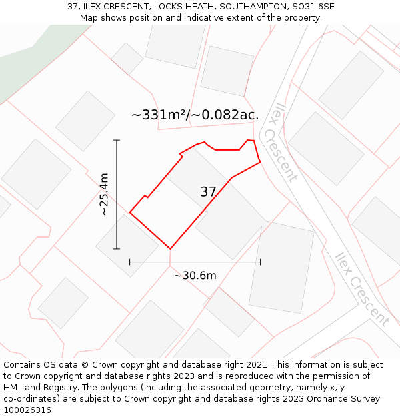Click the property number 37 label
point(208,192)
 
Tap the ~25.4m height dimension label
point(104,194)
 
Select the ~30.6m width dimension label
point(195,276)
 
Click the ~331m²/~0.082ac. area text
point(195,115)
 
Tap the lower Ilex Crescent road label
point(361,289)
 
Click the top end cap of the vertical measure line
point(117,140)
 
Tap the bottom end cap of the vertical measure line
point(117,249)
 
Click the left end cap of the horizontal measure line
point(129,262)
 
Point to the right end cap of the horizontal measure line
point(260,262)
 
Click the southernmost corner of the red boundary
point(171,249)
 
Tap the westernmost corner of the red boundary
point(129,213)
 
